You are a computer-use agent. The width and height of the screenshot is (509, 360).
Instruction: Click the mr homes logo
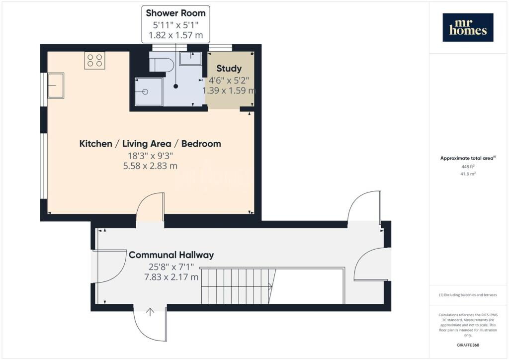pos(468,27)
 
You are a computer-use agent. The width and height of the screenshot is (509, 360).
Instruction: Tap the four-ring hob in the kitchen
pos(95,60)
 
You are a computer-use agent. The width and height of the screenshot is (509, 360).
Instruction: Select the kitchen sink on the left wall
pos(56,86)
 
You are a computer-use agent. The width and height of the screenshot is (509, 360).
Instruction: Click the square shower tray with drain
pos(149,91)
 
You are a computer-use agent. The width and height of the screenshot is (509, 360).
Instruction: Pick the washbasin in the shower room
pos(190,59)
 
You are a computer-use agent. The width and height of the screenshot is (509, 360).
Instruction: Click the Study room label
pos(229,69)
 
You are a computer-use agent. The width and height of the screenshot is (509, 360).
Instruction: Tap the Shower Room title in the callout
pos(175,13)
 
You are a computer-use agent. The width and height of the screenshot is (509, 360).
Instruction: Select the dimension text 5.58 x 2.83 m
pos(150,166)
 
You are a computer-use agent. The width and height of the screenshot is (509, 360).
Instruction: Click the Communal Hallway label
pos(171,255)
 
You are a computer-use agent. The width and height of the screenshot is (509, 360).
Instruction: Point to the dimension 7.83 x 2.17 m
pos(171,277)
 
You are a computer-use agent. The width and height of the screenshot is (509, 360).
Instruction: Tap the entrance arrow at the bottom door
pos(150,312)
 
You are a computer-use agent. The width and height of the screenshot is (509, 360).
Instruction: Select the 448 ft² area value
pos(468,166)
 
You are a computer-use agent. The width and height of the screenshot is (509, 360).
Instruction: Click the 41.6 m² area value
pos(468,174)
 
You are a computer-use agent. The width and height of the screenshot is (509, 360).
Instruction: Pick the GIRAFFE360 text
pos(468,345)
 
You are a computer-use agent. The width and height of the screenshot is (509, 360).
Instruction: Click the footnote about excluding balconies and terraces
pos(468,295)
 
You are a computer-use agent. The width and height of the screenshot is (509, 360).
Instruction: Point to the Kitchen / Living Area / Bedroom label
pos(150,144)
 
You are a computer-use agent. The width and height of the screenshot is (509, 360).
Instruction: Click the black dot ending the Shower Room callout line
pos(175,87)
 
